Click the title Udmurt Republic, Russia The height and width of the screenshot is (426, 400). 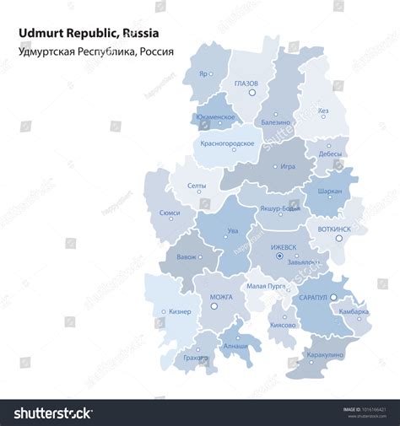pos(88,34)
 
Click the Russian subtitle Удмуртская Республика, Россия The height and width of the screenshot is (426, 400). pos(95,51)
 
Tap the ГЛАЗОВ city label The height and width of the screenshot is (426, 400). pos(246,83)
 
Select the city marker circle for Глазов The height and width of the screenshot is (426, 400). pos(251,93)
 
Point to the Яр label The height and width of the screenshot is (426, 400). pos(203,73)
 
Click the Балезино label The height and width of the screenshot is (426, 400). pos(275,122)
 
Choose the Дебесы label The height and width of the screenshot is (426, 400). pos(330,154)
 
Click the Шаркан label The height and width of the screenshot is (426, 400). pos(329,191)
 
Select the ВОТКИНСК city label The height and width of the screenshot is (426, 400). pos(335,229)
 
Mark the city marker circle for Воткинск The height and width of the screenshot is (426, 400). pos(339,239)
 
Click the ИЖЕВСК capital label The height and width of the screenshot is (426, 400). pos(284,247)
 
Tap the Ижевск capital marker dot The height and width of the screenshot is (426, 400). pos(279,256)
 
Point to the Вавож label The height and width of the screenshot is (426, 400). pos(186,256)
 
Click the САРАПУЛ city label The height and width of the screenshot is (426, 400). pos(313,298)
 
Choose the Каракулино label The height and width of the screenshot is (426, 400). pos(326,355)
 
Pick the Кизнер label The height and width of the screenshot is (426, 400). pos(179,311)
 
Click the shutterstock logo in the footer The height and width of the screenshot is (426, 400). pos(53,413)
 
